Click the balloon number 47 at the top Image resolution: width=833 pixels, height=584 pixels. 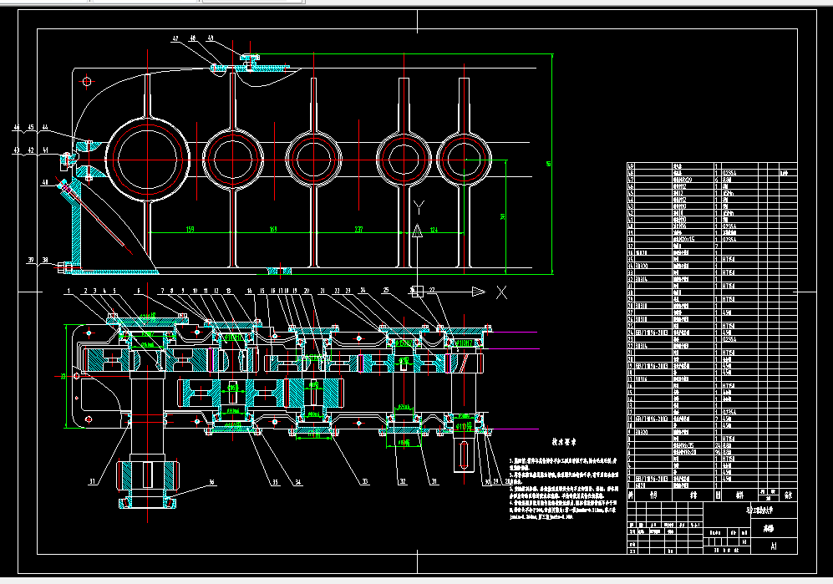(x=176, y=38)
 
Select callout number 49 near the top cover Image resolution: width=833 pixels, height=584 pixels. (x=210, y=38)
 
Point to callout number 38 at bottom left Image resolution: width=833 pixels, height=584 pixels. (x=45, y=261)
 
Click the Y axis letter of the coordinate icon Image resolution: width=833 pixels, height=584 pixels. (x=419, y=206)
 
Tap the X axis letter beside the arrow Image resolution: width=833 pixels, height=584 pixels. (x=501, y=292)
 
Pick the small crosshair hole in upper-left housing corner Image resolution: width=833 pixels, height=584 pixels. (x=87, y=81)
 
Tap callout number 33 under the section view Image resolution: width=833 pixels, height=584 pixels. (x=364, y=482)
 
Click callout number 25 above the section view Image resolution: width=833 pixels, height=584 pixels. (x=385, y=291)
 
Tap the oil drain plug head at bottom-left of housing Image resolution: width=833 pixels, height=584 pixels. (x=59, y=269)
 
